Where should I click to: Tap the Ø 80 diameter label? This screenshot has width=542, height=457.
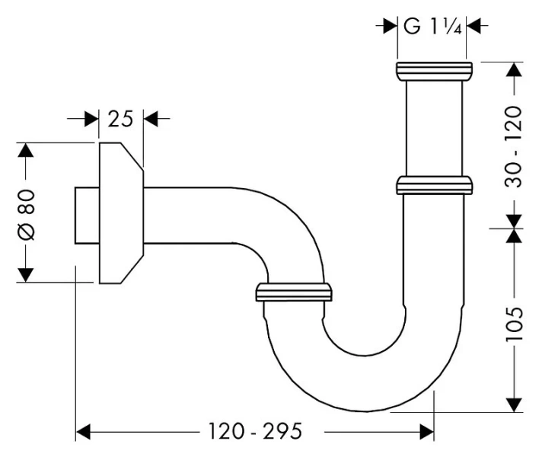coord(26,212)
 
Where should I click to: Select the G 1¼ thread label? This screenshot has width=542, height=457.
coord(431,26)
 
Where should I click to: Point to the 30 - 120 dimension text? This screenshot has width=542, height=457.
coord(515,146)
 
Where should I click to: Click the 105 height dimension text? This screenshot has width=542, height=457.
coord(515,322)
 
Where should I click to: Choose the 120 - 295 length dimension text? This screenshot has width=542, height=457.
coord(255,433)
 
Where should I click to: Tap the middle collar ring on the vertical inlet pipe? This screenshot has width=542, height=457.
coord(434,185)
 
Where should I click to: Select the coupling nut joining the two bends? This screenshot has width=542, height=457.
coord(294,292)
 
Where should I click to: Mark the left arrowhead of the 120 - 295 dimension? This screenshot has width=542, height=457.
coord(83,433)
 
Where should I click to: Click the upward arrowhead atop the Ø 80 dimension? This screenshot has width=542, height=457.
coord(26,150)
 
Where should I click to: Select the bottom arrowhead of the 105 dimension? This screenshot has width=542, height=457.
coord(515,404)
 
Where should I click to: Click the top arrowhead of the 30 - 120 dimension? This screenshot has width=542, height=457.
coord(515,69)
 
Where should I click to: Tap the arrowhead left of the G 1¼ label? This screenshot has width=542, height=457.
coord(389,26)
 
